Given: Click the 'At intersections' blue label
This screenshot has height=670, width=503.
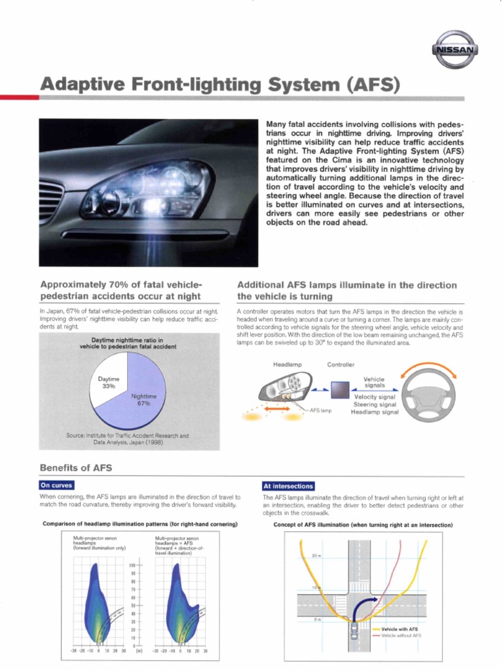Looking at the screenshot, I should click(288, 486).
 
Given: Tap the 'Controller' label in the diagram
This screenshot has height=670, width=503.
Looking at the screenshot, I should click(341, 364).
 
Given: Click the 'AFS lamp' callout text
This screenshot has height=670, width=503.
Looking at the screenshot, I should click(321, 411).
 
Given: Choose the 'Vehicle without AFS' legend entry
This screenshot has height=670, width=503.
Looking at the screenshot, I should click(401, 635).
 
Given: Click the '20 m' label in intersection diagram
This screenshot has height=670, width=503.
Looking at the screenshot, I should click(316, 555).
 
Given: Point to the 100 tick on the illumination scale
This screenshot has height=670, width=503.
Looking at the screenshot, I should click(132, 564).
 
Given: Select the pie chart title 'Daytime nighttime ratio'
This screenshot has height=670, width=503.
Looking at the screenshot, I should click(128, 343).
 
